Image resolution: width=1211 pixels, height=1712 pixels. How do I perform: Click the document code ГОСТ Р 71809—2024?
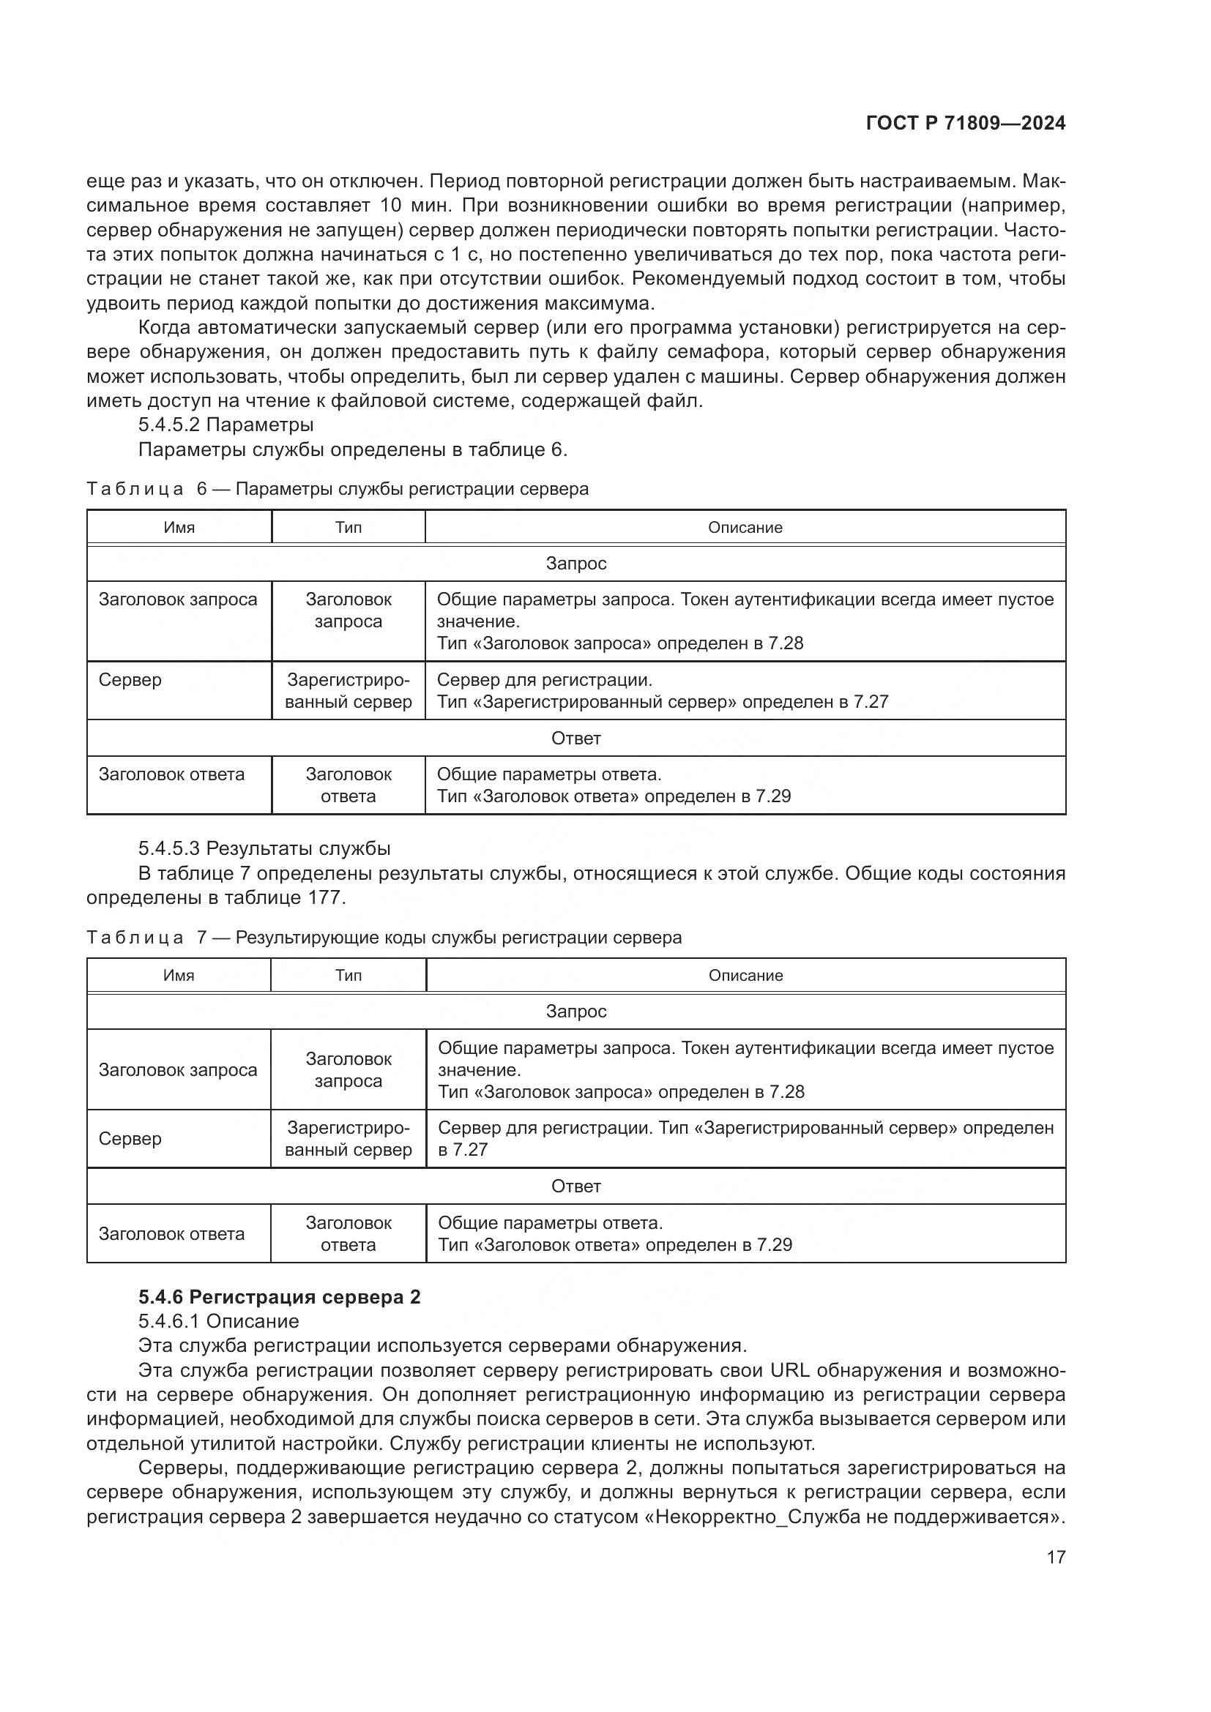coord(965,124)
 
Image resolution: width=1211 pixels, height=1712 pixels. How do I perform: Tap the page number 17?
coord(1055,1558)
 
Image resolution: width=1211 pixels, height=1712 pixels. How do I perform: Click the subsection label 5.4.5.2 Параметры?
coord(226,425)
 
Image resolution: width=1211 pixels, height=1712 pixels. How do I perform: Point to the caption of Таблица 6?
coord(337,489)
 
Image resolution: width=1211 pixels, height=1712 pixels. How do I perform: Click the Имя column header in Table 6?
coord(179,528)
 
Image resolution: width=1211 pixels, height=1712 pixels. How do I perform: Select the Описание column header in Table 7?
coord(745,975)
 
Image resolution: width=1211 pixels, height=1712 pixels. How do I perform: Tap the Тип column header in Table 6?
coord(349,528)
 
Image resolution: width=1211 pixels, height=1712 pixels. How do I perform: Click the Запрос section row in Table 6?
coord(575,564)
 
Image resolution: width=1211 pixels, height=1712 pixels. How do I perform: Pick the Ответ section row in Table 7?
coord(575,1186)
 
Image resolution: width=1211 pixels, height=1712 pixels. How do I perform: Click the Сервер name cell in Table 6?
coord(130,680)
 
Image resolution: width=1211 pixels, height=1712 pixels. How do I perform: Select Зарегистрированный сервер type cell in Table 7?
coord(349,1139)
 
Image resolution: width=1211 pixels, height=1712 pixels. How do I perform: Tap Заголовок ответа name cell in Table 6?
coord(171,774)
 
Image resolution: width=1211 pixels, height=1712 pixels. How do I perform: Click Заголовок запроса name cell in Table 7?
coord(177,1070)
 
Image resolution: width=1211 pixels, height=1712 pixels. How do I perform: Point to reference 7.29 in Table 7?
coord(774,1244)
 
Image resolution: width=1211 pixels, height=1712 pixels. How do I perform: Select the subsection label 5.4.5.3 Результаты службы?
coord(264,848)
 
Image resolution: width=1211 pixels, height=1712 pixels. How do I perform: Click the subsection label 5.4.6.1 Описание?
coord(217,1321)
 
